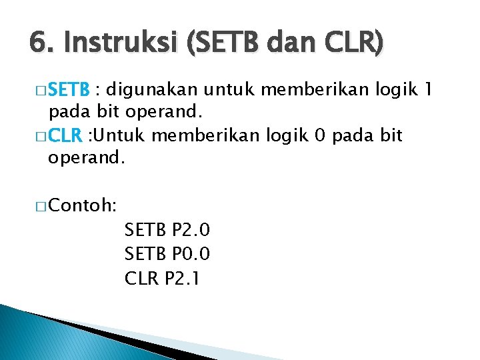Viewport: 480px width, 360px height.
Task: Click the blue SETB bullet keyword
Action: [x=69, y=89]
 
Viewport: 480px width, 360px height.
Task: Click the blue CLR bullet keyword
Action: [x=64, y=137]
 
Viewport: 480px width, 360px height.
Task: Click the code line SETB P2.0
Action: [x=167, y=231]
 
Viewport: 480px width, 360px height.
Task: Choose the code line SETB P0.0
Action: [x=167, y=254]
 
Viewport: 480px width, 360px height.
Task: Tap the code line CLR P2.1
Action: [x=162, y=278]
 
